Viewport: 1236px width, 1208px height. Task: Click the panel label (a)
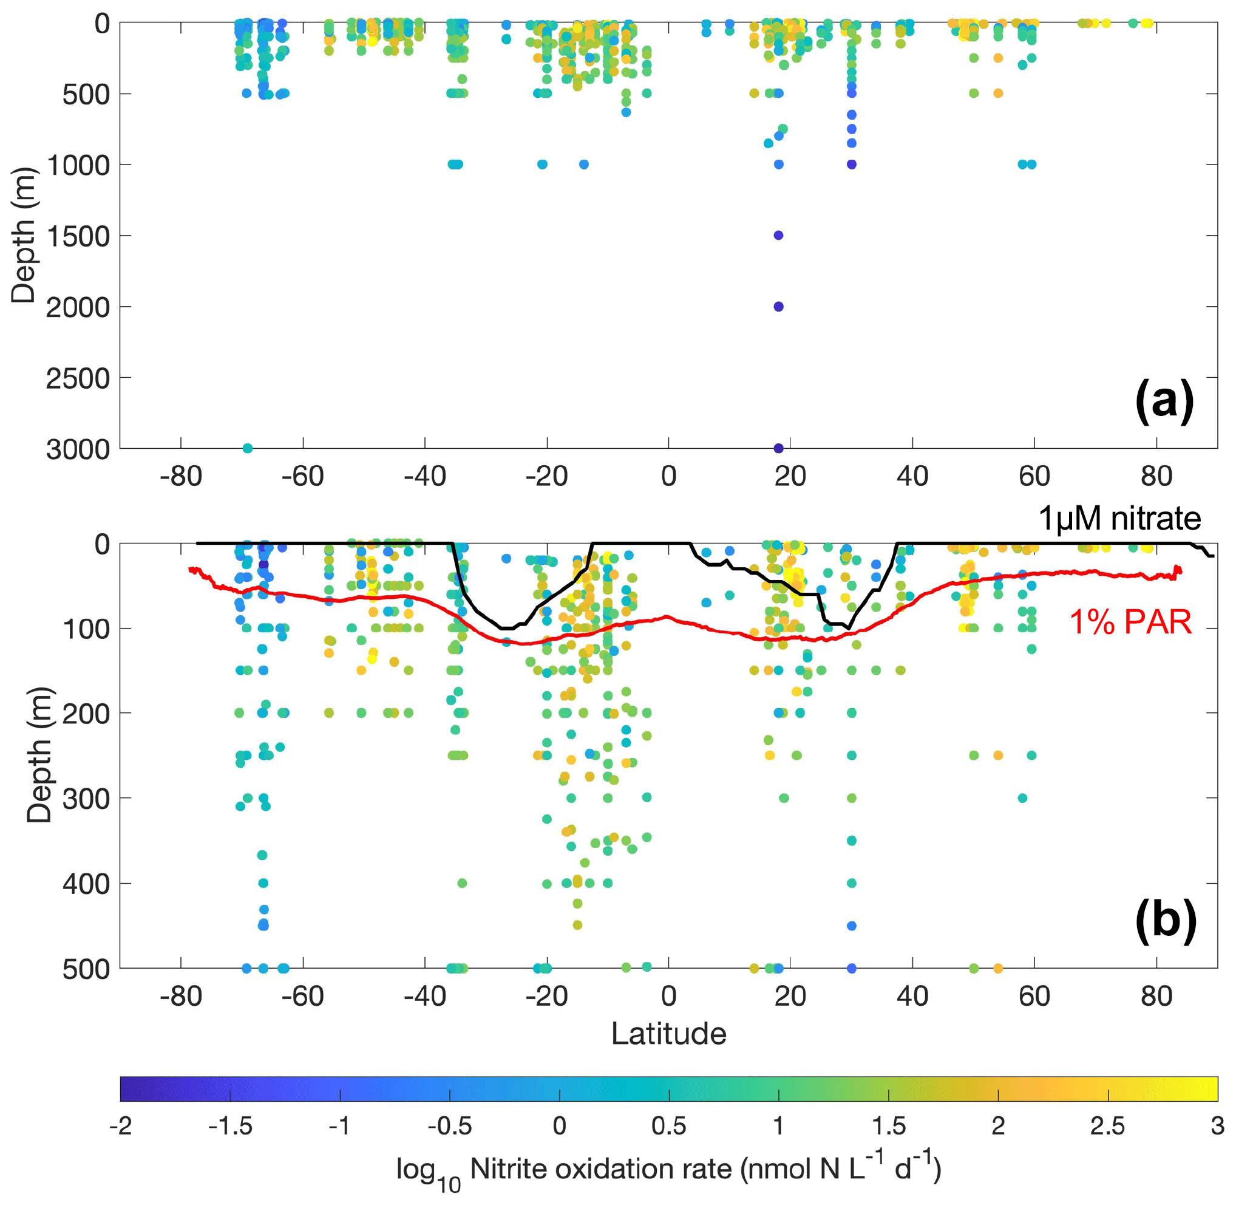click(1164, 400)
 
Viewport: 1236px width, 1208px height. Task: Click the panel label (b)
click(1165, 921)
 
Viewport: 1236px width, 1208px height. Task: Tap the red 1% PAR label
click(1130, 622)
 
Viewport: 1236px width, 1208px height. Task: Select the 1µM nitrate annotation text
click(1119, 518)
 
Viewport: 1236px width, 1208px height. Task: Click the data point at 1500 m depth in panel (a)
click(779, 236)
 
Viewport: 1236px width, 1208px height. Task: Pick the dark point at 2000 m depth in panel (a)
click(779, 307)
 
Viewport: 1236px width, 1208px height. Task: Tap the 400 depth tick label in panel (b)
click(86, 883)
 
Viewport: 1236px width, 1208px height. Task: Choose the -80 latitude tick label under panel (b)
click(181, 997)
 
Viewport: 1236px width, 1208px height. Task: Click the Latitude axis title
click(668, 1034)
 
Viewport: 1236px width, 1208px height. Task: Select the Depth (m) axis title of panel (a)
click(24, 236)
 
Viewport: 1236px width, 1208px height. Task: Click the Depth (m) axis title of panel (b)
click(39, 755)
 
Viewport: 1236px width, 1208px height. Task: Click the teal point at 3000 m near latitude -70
click(248, 449)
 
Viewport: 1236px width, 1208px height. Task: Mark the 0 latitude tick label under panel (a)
click(668, 476)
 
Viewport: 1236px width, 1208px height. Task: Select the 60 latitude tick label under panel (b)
click(1034, 997)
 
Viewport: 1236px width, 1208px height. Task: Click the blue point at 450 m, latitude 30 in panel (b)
click(852, 926)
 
